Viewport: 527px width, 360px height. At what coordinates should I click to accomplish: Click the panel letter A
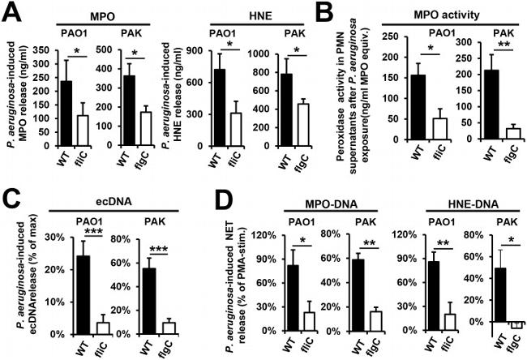coord(11,11)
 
